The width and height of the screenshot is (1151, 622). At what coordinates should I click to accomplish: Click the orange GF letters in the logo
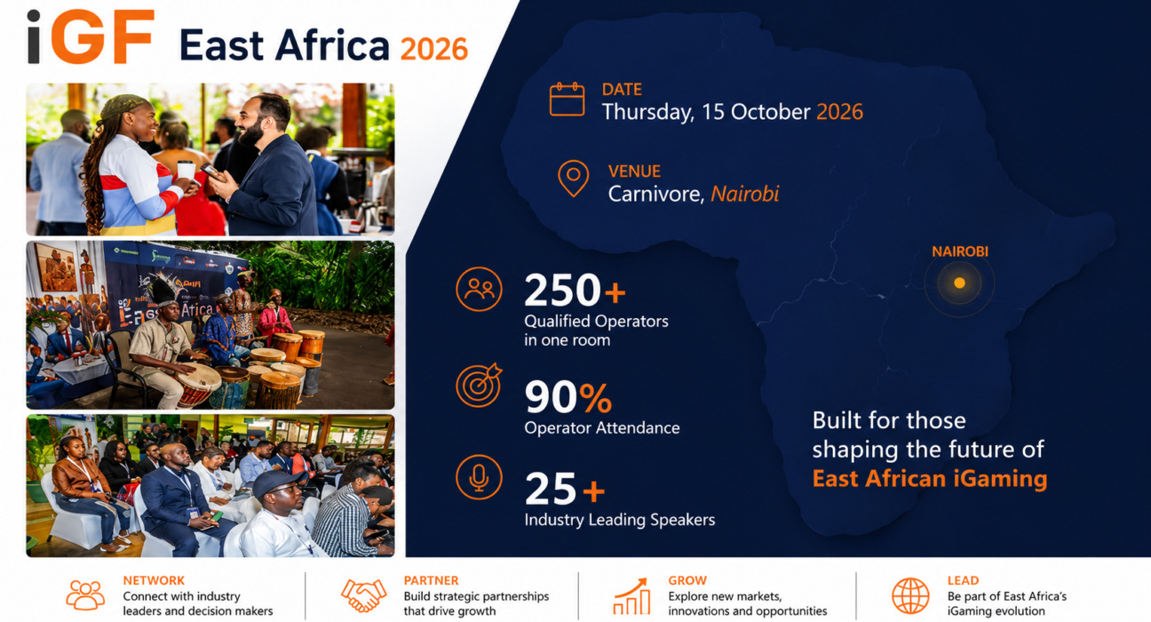pyautogui.click(x=102, y=36)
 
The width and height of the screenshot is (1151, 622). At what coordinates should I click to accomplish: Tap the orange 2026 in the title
pyautogui.click(x=434, y=50)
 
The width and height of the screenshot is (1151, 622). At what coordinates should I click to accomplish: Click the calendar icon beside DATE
pyautogui.click(x=568, y=100)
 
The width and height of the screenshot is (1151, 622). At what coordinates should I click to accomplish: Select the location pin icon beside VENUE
pyautogui.click(x=574, y=179)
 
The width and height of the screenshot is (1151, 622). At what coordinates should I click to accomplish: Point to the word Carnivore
pyautogui.click(x=656, y=195)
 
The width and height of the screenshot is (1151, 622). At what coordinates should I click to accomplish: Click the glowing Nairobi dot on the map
pyautogui.click(x=959, y=283)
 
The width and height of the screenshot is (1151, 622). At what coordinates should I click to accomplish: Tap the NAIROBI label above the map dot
pyautogui.click(x=960, y=251)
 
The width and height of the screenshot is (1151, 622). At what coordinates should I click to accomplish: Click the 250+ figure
pyautogui.click(x=575, y=290)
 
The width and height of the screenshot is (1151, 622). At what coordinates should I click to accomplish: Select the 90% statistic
pyautogui.click(x=568, y=397)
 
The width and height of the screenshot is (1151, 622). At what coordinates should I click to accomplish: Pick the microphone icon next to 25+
pyautogui.click(x=479, y=477)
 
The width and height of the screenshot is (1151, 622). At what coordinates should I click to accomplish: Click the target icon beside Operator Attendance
pyautogui.click(x=479, y=385)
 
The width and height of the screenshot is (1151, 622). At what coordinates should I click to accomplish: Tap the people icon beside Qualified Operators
pyautogui.click(x=479, y=290)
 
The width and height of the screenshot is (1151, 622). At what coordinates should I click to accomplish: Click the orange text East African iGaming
pyautogui.click(x=930, y=479)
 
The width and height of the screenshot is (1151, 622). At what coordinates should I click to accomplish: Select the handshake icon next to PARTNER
pyautogui.click(x=363, y=595)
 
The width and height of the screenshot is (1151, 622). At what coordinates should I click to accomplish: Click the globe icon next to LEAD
pyautogui.click(x=910, y=595)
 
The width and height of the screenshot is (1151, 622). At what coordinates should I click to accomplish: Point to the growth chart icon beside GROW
pyautogui.click(x=632, y=595)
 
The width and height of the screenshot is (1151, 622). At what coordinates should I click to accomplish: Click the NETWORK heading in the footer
pyautogui.click(x=154, y=580)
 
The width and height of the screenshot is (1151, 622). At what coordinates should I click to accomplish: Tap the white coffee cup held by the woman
pyautogui.click(x=187, y=171)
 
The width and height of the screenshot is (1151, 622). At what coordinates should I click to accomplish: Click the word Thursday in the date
pyautogui.click(x=648, y=113)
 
